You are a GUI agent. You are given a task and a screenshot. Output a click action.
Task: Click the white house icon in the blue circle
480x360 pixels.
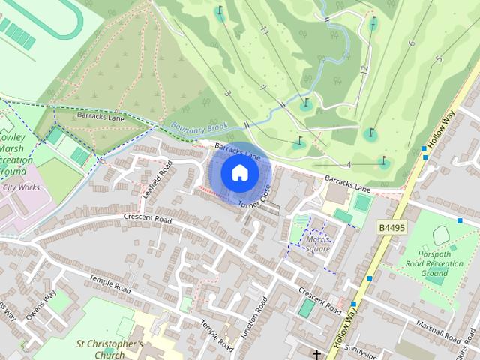coord(239,173)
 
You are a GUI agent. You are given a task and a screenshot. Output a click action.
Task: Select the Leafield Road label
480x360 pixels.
coord(156,179)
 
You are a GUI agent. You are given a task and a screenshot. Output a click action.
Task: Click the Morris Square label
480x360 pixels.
coord(318,244)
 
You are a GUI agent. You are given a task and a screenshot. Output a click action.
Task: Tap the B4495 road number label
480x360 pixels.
coord(391,227)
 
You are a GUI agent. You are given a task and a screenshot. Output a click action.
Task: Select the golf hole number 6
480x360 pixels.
coord(411,43)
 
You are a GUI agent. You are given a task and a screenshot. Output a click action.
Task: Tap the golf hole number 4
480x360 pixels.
coord(349,164)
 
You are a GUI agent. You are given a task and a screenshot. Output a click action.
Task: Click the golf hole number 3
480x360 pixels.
coord(226,93)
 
